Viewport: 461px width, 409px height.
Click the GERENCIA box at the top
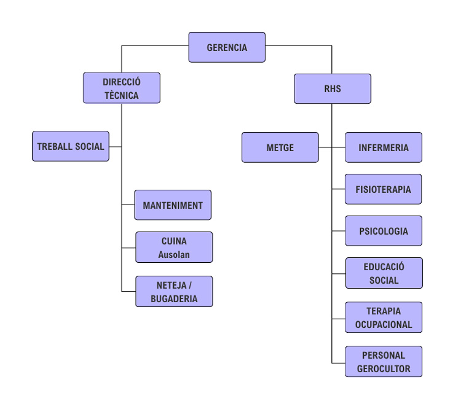point(227,47)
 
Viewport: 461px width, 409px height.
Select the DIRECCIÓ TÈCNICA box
point(122,88)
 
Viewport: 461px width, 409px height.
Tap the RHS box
point(333,89)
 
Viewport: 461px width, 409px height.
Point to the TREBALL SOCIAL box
point(71,146)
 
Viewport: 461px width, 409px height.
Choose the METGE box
point(280,147)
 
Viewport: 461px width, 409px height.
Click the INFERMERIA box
point(384,147)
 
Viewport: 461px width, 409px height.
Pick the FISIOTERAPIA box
point(384,189)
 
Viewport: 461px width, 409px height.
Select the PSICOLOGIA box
point(384,231)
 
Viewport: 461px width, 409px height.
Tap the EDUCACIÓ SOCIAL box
point(384,273)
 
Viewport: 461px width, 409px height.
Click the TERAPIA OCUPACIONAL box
point(384,317)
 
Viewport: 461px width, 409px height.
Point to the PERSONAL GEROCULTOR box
point(384,362)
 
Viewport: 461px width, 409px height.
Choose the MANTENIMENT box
point(173,205)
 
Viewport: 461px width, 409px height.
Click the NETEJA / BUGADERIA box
point(174,292)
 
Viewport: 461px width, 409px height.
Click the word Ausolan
point(174,254)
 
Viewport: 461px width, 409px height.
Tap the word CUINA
point(174,241)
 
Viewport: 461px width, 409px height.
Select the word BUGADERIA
point(174,299)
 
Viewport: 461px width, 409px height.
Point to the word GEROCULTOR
point(384,369)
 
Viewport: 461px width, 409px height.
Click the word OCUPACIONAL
point(384,325)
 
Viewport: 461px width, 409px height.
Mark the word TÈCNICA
point(122,95)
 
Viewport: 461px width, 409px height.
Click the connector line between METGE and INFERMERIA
point(332,147)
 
